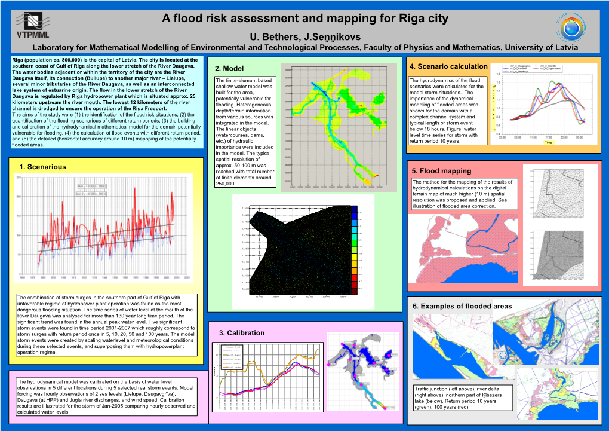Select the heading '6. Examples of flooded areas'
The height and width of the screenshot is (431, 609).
462,306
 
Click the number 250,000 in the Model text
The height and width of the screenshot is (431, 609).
226,184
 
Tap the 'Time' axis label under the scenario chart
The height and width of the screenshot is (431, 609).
549,143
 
